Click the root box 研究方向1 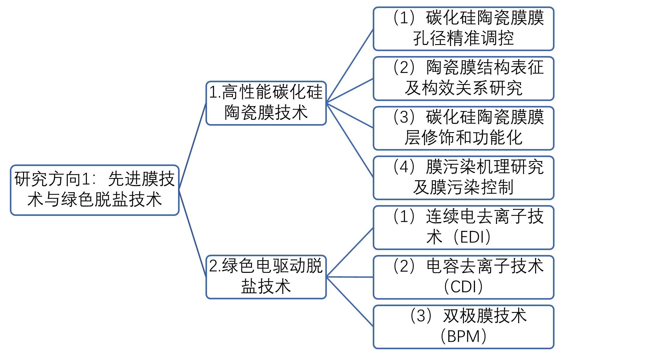click(95, 190)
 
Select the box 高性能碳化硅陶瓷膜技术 click(266, 103)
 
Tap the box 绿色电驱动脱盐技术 click(266, 277)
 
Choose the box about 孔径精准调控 click(463, 29)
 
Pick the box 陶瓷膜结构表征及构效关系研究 click(463, 79)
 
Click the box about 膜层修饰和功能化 click(463, 128)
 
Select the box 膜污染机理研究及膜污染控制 click(463, 178)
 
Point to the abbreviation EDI click(474, 237)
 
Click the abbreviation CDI click(463, 287)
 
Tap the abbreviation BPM click(463, 336)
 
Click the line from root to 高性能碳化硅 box click(193, 146)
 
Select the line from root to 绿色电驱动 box click(193, 233)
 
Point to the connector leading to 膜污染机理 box click(350, 140)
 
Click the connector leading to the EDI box click(350, 252)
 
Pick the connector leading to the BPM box click(350, 301)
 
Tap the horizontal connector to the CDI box click(350, 277)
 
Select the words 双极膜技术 click(485, 316)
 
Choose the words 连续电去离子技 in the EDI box click(485, 216)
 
